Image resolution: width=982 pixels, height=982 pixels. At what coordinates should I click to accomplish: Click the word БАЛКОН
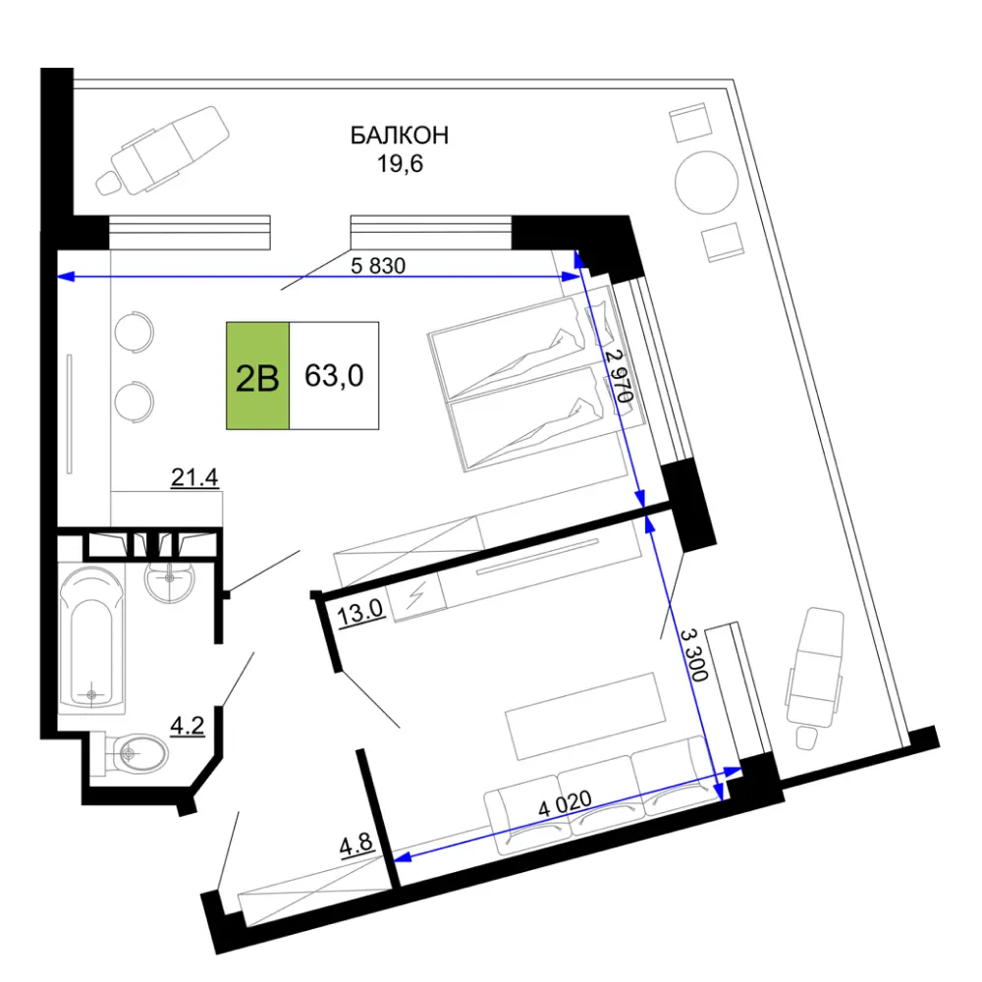point(399,136)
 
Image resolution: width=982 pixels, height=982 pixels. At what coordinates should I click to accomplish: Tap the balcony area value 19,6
point(400,163)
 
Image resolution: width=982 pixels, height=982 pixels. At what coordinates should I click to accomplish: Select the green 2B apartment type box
point(257,376)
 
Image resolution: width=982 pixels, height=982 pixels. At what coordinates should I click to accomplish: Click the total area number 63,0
point(334,376)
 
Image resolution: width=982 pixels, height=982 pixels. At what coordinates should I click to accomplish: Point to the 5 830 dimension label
point(378,265)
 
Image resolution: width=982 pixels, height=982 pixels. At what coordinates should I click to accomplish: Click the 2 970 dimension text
point(620,376)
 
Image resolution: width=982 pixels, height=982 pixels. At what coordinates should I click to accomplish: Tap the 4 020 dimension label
point(565,802)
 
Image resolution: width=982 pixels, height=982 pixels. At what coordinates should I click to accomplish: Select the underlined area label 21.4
point(194,478)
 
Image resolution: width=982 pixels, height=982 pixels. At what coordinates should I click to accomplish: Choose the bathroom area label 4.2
point(188,726)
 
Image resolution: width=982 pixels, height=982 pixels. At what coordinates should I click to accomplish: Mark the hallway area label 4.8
point(356,845)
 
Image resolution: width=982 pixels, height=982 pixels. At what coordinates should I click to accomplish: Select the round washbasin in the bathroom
point(170,580)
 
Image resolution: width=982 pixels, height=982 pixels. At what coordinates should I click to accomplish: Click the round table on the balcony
point(706,183)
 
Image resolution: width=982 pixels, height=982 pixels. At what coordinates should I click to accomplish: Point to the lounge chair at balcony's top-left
point(162,150)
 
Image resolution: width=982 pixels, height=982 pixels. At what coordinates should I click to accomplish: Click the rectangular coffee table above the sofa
point(585,716)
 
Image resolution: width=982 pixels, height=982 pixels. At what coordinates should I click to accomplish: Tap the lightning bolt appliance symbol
point(415,595)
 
